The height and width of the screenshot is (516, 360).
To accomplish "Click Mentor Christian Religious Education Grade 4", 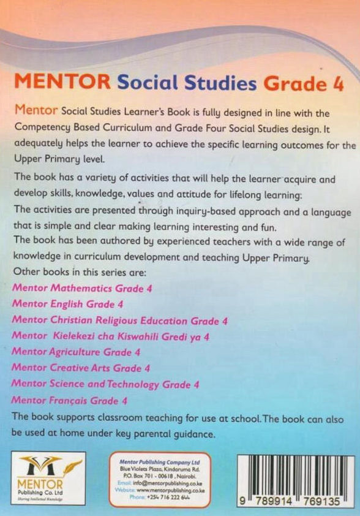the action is tap(120, 320).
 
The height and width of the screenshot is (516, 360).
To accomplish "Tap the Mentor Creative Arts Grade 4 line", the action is tap(81, 368).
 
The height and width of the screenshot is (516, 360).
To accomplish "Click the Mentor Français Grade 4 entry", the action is tap(70, 401).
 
